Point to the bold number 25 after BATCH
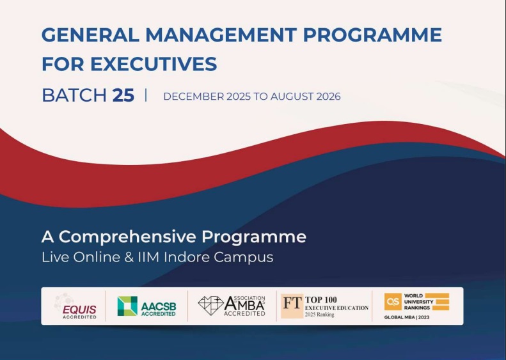pos(123,95)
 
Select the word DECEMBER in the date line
pos(191,97)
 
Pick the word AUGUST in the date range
pos(290,97)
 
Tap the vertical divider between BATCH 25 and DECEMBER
pos(146,95)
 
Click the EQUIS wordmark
pos(79,309)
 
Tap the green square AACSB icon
pos(127,306)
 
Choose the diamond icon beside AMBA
pos(210,306)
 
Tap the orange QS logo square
pos(393,302)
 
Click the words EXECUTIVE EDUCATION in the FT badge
pos(336,308)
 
